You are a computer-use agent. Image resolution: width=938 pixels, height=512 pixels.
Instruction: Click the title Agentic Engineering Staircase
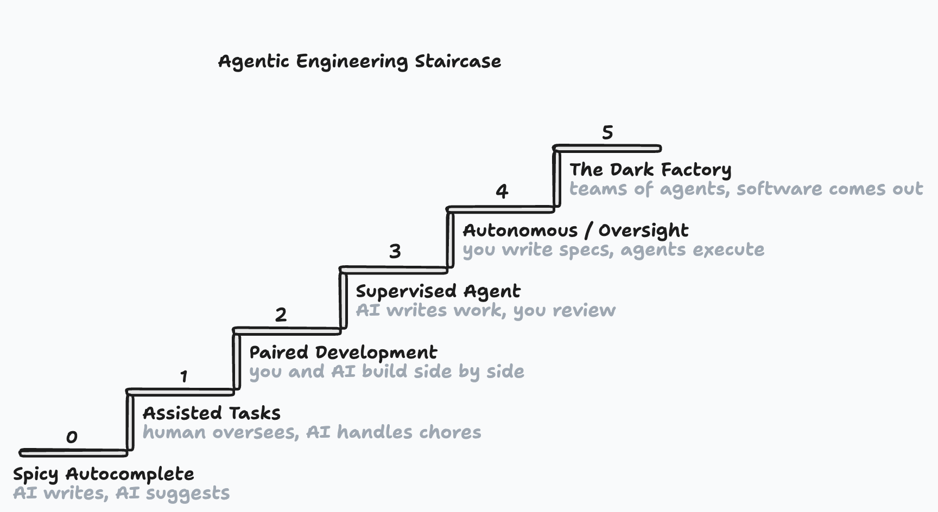click(x=359, y=61)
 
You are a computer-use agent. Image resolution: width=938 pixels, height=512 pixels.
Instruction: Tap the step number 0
click(x=72, y=437)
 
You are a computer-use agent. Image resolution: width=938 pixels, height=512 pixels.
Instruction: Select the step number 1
click(x=184, y=376)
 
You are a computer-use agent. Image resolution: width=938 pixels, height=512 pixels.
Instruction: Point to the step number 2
click(x=281, y=315)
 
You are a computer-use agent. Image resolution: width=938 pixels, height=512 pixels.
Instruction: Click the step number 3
click(x=395, y=252)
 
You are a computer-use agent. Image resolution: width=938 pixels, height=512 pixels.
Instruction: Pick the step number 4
click(x=502, y=191)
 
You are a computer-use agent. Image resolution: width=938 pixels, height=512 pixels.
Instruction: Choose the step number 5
click(x=607, y=133)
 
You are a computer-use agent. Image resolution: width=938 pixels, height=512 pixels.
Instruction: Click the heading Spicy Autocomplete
click(x=103, y=474)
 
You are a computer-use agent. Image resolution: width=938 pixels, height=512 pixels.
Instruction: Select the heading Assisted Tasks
click(x=211, y=413)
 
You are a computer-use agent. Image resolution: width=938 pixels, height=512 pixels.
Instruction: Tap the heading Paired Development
click(x=343, y=353)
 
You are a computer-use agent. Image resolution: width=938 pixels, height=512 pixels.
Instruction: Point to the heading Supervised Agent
click(x=438, y=292)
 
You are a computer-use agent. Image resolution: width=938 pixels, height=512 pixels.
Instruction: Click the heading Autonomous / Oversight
click(x=575, y=231)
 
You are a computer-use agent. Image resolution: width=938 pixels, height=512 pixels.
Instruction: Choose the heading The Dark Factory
click(x=650, y=170)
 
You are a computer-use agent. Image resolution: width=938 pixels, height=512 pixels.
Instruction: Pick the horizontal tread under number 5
click(x=607, y=148)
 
